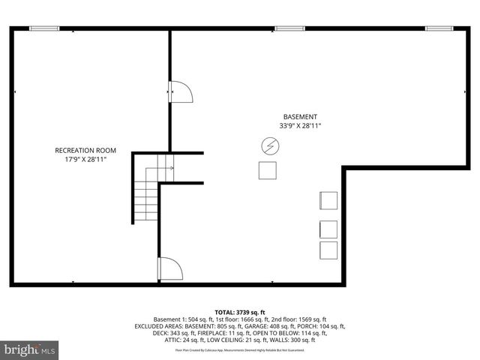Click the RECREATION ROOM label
click(85, 150)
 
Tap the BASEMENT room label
click(299, 116)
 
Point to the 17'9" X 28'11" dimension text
click(85, 160)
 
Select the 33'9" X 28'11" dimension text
click(300, 127)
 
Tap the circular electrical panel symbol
click(268, 145)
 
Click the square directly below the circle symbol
click(268, 170)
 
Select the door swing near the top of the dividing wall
click(181, 91)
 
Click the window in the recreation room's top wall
click(44, 28)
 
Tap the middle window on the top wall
click(289, 28)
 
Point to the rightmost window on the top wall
click(440, 28)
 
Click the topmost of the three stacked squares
click(328, 201)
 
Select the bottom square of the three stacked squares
click(328, 250)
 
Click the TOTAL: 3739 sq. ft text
click(240, 312)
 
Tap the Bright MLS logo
click(30, 349)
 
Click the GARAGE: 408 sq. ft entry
click(274, 327)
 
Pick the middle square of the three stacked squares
click(328, 229)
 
